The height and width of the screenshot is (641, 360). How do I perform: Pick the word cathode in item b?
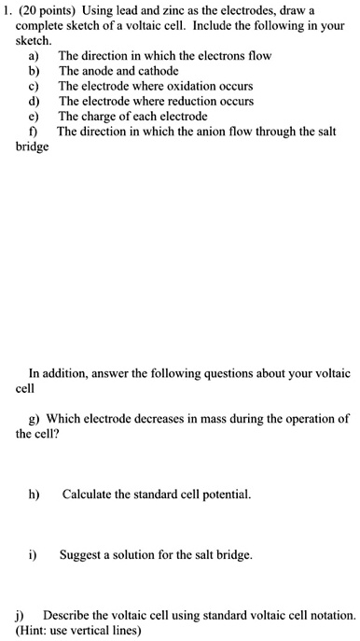coord(158,71)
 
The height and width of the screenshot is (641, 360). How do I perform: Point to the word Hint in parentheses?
coord(37,631)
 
